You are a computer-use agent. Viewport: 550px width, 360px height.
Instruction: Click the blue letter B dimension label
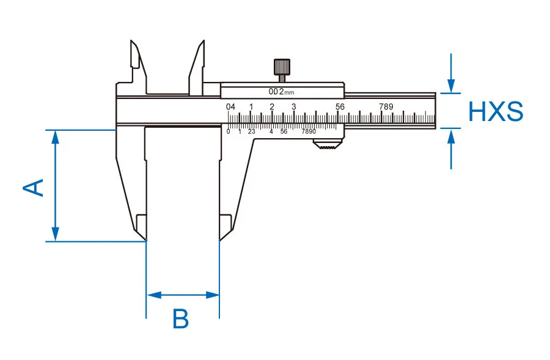[181, 319]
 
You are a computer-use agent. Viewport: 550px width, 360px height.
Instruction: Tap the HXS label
[496, 112]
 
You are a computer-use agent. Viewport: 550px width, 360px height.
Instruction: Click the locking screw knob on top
[282, 65]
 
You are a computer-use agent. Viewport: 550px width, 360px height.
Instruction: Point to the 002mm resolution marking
[282, 92]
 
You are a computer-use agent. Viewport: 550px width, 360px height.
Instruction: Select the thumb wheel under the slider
[327, 145]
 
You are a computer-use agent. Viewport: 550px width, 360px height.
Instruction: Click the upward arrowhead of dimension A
[56, 136]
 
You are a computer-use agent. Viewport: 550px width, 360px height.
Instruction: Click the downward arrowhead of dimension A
[56, 235]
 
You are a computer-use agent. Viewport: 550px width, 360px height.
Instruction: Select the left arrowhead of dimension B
[152, 295]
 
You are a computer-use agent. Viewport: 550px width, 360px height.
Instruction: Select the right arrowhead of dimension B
[213, 295]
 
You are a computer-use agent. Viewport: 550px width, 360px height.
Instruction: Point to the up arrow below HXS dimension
[451, 135]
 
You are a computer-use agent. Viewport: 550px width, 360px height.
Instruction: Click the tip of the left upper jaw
[132, 43]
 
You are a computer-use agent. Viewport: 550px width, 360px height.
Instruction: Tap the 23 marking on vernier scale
[251, 131]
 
